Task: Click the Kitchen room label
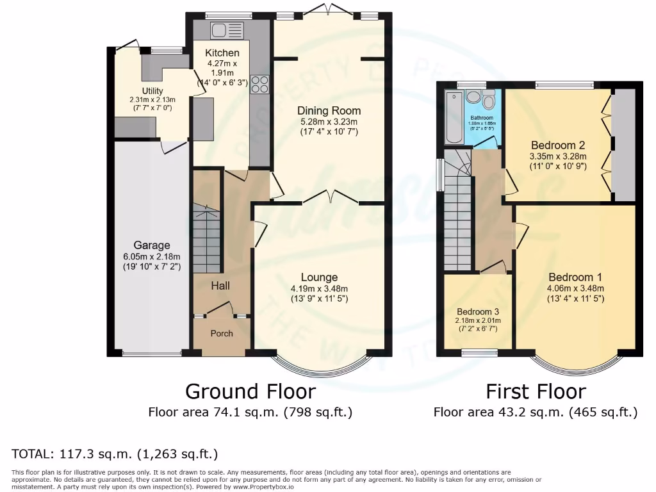[x=222, y=53]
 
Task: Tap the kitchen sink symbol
[x=220, y=29]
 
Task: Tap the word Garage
[x=152, y=245]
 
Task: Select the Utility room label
[x=152, y=91]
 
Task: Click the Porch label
[x=222, y=333]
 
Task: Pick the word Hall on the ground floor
[x=220, y=286]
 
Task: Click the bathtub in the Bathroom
[x=453, y=119]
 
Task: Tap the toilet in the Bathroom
[x=489, y=101]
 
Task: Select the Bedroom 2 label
[x=557, y=145]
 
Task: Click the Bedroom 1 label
[x=575, y=277]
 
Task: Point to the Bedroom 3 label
[x=478, y=312]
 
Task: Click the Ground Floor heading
[x=250, y=391]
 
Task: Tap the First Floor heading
[x=536, y=391]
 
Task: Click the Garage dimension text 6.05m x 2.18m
[x=152, y=256]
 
